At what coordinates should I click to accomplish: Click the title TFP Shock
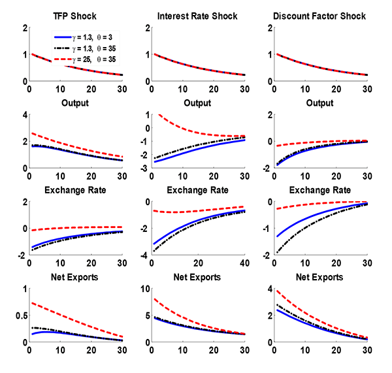(x=74, y=16)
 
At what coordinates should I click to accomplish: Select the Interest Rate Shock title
(x=197, y=16)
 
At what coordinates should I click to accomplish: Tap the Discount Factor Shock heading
(x=320, y=16)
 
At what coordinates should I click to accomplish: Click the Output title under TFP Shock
(x=74, y=103)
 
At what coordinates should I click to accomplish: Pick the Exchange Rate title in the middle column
(x=197, y=190)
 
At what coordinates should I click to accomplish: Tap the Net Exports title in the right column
(x=320, y=277)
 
